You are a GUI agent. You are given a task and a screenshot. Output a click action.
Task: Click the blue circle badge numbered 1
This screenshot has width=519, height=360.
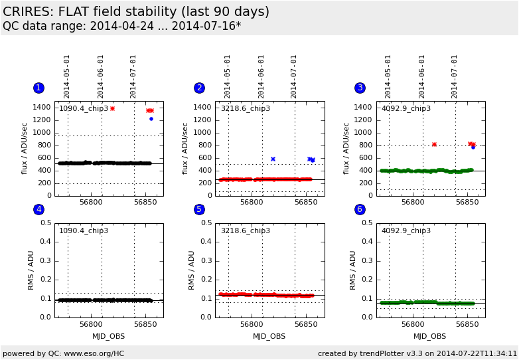[x=38, y=88]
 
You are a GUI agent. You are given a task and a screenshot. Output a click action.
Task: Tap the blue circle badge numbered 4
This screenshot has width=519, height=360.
[x=38, y=209]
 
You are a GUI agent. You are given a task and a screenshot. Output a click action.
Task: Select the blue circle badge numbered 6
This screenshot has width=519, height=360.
[x=360, y=209]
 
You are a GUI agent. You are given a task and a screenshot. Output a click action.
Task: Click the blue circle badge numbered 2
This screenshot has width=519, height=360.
[x=199, y=88]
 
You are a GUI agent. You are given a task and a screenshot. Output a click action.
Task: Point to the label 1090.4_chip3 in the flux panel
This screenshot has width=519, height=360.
[x=84, y=108]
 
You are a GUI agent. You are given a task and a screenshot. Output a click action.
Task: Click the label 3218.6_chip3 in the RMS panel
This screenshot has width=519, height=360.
[x=245, y=230]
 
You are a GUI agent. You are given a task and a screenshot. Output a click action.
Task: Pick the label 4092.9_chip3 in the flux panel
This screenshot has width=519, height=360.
[x=406, y=108]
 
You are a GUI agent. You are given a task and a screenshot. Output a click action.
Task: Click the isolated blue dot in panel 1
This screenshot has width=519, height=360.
[x=151, y=119]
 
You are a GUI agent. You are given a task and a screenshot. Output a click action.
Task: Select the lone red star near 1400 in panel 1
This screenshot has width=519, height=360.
[x=112, y=108]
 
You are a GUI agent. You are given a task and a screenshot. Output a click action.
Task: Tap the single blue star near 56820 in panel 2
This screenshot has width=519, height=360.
[x=273, y=159]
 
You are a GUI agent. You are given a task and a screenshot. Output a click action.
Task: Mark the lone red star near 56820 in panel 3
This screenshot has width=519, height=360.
[x=434, y=144]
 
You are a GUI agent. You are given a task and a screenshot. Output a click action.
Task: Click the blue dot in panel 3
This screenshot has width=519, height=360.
[x=473, y=147]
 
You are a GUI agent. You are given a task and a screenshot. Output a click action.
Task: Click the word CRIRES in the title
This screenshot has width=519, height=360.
[x=29, y=12]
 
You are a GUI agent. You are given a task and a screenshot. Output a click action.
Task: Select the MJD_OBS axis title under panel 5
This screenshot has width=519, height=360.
[x=269, y=336]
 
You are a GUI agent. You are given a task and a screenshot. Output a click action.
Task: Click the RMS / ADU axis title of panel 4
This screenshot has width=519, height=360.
[x=31, y=270]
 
